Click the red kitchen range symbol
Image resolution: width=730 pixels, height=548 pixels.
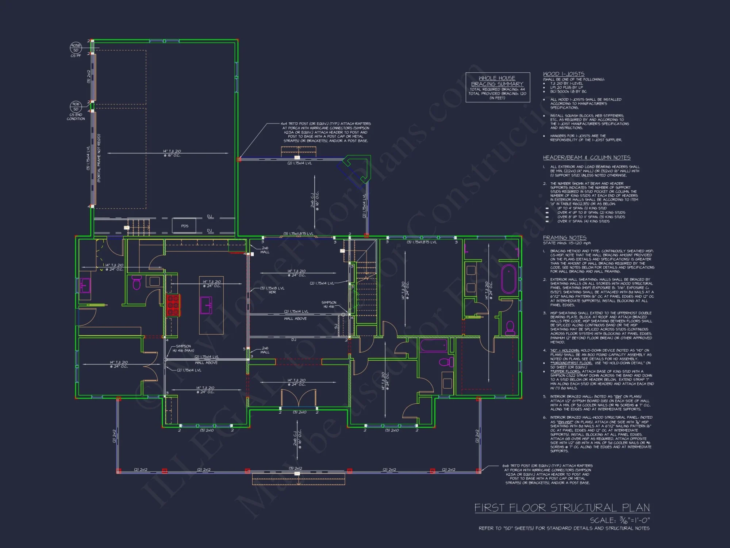pyautogui.click(x=173, y=305)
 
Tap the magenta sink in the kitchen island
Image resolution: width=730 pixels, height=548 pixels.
pyautogui.click(x=206, y=305)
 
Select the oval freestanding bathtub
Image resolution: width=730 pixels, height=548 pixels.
pyautogui.click(x=509, y=279)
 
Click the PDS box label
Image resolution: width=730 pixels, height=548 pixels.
pyautogui.click(x=185, y=226)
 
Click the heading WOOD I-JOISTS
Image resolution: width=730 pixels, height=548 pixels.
pyautogui.click(x=564, y=74)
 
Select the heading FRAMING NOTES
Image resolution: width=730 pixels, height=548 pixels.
pyautogui.click(x=565, y=238)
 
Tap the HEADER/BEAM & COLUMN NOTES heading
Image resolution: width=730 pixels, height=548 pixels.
pyautogui.click(x=587, y=157)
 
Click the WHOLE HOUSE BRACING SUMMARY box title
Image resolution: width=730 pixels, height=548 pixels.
pyautogui.click(x=497, y=81)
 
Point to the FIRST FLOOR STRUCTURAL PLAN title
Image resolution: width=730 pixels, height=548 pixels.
pyautogui.click(x=562, y=508)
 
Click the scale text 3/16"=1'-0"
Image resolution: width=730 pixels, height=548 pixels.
pyautogui.click(x=620, y=520)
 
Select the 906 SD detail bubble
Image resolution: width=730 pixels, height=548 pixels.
pyautogui.click(x=76, y=106)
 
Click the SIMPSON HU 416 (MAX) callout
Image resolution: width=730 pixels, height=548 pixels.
pyautogui.click(x=184, y=348)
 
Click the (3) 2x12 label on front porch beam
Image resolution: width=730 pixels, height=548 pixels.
pyautogui.click(x=295, y=468)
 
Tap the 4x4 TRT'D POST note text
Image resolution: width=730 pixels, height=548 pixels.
pyautogui.click(x=325, y=132)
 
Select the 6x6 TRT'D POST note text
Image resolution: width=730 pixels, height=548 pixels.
pyautogui.click(x=547, y=474)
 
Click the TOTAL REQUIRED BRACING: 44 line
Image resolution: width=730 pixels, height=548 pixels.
pyautogui.click(x=497, y=89)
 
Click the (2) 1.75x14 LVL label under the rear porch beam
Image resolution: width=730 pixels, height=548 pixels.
pyautogui.click(x=299, y=163)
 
